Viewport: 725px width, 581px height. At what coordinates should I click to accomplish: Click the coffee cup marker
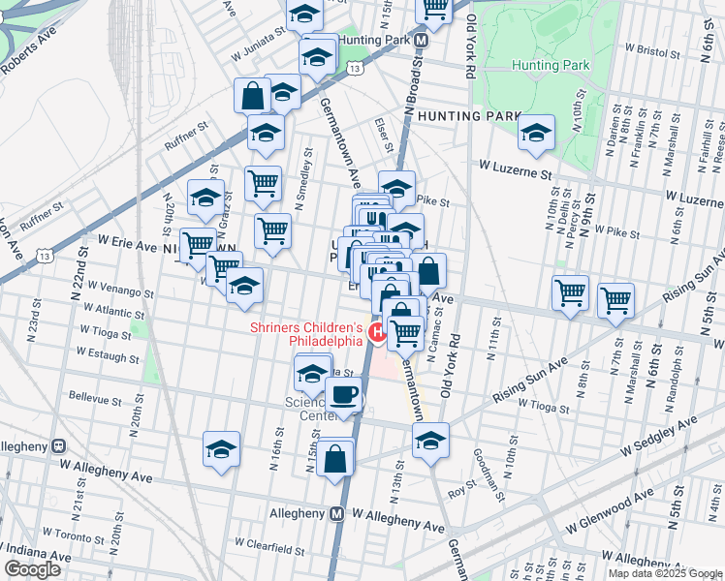343,395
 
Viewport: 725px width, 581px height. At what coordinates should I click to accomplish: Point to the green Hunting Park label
551,66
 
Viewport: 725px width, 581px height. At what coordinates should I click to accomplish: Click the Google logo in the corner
33,569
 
